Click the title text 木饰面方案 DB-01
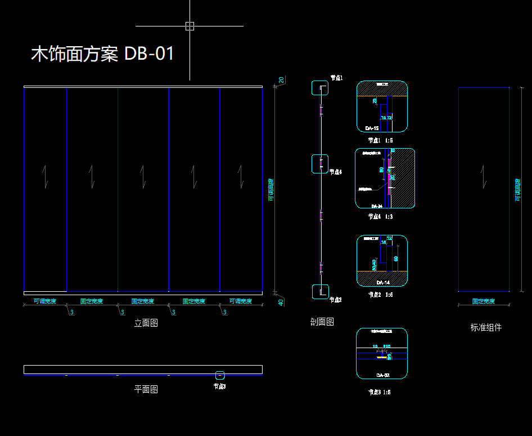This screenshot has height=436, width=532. point(102,54)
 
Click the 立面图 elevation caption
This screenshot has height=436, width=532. point(146,323)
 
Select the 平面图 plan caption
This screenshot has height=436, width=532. point(146,389)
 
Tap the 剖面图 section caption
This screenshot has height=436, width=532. point(322,322)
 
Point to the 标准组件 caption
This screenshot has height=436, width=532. point(486,327)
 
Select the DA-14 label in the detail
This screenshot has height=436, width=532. point(383,282)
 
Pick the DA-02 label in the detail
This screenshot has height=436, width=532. point(382,375)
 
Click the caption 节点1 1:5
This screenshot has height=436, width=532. point(381,140)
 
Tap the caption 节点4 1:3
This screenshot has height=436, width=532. point(381,216)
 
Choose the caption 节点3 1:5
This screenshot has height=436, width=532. point(379,392)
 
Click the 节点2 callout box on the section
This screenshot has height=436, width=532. point(320,291)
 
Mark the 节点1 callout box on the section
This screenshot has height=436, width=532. point(320,88)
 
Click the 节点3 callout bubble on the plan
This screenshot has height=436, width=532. point(220,375)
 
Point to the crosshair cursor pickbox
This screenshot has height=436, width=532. point(190,26)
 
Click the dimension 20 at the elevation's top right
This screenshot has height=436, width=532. point(281,80)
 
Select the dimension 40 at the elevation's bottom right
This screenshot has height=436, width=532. point(281,302)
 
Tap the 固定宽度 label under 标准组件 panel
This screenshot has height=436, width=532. point(483,301)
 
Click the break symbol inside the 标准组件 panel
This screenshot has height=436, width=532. point(483,175)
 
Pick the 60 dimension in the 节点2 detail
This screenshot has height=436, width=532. point(396,259)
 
